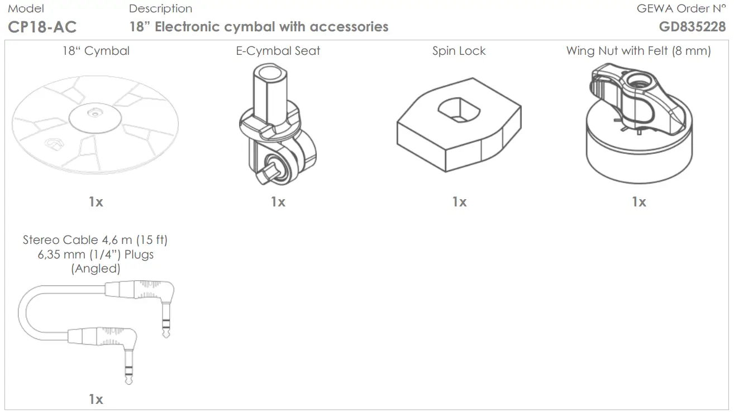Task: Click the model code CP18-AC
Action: (42, 26)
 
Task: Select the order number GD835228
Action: (692, 26)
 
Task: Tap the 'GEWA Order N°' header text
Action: (681, 8)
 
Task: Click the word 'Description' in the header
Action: (160, 8)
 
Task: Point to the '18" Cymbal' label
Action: (96, 51)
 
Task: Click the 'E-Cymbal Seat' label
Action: (278, 51)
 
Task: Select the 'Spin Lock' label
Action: (459, 51)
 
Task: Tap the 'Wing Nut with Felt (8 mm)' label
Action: (638, 51)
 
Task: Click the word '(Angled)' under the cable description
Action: (96, 268)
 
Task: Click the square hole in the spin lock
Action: (459, 111)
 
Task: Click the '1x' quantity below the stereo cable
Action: (96, 399)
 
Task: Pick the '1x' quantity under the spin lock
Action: (459, 201)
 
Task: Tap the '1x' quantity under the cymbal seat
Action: (278, 201)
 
